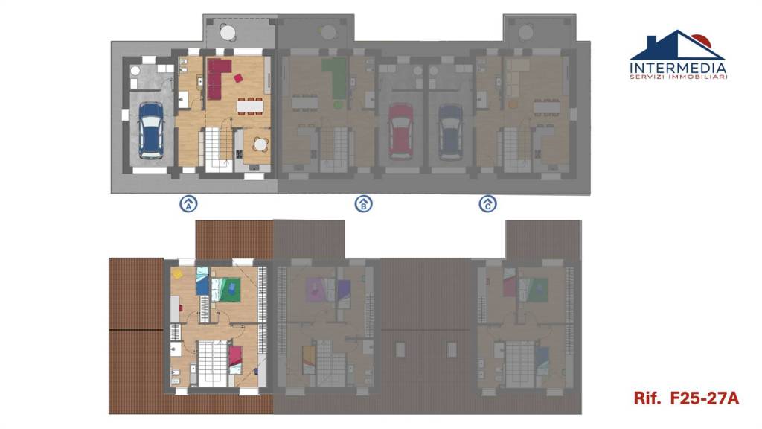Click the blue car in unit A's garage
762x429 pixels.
(x=151, y=130)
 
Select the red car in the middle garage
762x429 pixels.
(x=401, y=130)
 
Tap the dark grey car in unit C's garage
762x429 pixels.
(x=450, y=131)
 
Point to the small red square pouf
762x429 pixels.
(x=238, y=77)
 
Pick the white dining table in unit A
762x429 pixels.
(x=250, y=106)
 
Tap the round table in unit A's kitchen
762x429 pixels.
(x=261, y=144)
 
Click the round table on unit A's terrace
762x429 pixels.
(x=228, y=33)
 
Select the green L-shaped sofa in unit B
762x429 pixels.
(x=335, y=77)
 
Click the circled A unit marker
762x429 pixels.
(x=188, y=203)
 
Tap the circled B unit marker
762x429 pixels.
(x=363, y=203)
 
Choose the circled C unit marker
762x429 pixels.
(x=488, y=203)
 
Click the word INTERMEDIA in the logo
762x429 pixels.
(x=678, y=68)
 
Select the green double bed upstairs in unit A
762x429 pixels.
(x=226, y=290)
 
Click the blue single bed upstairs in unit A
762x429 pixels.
(x=202, y=281)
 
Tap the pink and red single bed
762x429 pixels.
(x=235, y=360)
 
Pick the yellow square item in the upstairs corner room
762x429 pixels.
(x=177, y=274)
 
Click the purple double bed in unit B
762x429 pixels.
(x=316, y=290)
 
